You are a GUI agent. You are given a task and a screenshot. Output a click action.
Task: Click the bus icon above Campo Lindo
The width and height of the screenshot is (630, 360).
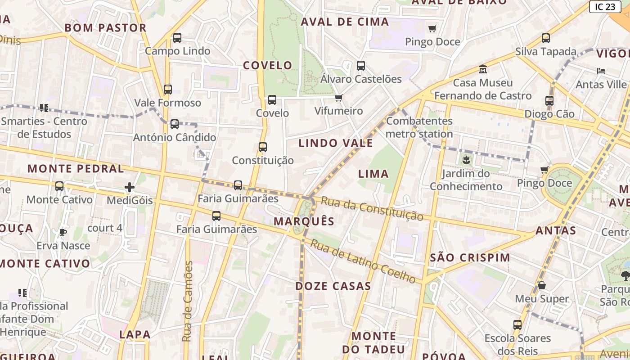click(177, 38)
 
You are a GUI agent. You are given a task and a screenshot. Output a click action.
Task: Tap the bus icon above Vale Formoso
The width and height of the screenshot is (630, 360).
click(168, 90)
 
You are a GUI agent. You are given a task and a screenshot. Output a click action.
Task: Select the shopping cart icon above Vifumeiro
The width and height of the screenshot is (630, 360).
click(339, 98)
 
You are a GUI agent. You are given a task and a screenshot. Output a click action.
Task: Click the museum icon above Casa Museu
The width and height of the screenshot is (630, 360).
click(483, 70)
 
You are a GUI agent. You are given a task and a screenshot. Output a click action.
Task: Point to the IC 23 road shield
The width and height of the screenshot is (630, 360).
click(605, 6)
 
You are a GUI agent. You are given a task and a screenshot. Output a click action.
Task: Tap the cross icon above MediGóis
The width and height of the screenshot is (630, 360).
click(130, 187)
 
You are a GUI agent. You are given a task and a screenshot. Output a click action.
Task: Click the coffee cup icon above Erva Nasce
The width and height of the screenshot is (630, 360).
click(63, 232)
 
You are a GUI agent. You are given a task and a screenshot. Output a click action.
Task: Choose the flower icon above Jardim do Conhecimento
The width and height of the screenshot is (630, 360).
click(466, 159)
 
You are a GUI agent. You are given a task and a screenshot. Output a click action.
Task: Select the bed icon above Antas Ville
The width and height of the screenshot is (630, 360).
click(601, 71)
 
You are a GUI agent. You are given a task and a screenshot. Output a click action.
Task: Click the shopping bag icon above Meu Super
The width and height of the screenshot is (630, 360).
click(542, 286)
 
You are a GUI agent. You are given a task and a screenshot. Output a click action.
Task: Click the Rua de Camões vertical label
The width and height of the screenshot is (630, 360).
click(189, 301)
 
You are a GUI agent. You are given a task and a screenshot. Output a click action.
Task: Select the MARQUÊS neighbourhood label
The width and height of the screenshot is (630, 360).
click(304, 221)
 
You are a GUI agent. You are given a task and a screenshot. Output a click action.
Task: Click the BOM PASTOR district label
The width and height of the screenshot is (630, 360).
click(106, 28)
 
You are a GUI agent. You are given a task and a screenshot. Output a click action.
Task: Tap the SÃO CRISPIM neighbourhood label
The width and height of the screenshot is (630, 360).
click(470, 258)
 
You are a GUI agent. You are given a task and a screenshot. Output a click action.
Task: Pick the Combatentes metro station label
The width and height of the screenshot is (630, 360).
click(419, 127)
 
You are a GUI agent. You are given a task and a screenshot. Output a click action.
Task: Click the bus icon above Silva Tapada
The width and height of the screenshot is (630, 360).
click(546, 38)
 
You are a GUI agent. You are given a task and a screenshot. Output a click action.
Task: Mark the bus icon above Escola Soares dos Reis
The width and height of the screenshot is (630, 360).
click(517, 325)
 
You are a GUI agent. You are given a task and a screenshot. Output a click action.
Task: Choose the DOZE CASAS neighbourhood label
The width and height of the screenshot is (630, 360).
click(333, 286)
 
